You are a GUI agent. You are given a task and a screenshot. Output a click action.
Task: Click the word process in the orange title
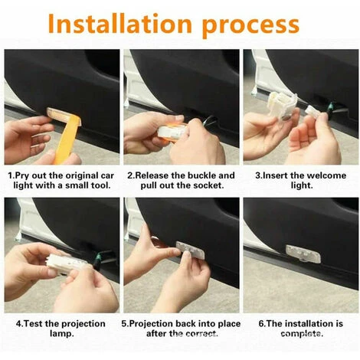[250, 26]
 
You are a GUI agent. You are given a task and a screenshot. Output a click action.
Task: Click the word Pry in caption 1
[22, 176]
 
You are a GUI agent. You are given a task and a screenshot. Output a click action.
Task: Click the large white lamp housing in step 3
[283, 105]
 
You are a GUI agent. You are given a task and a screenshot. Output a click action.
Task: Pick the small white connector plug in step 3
[312, 110]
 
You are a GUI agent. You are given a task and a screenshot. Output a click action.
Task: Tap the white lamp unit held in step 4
[67, 263]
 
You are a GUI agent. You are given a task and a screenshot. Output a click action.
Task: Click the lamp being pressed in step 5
[191, 250]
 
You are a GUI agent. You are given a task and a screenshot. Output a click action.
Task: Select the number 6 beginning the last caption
[261, 324]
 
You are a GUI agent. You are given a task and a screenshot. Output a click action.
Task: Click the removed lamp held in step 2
[173, 131]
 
